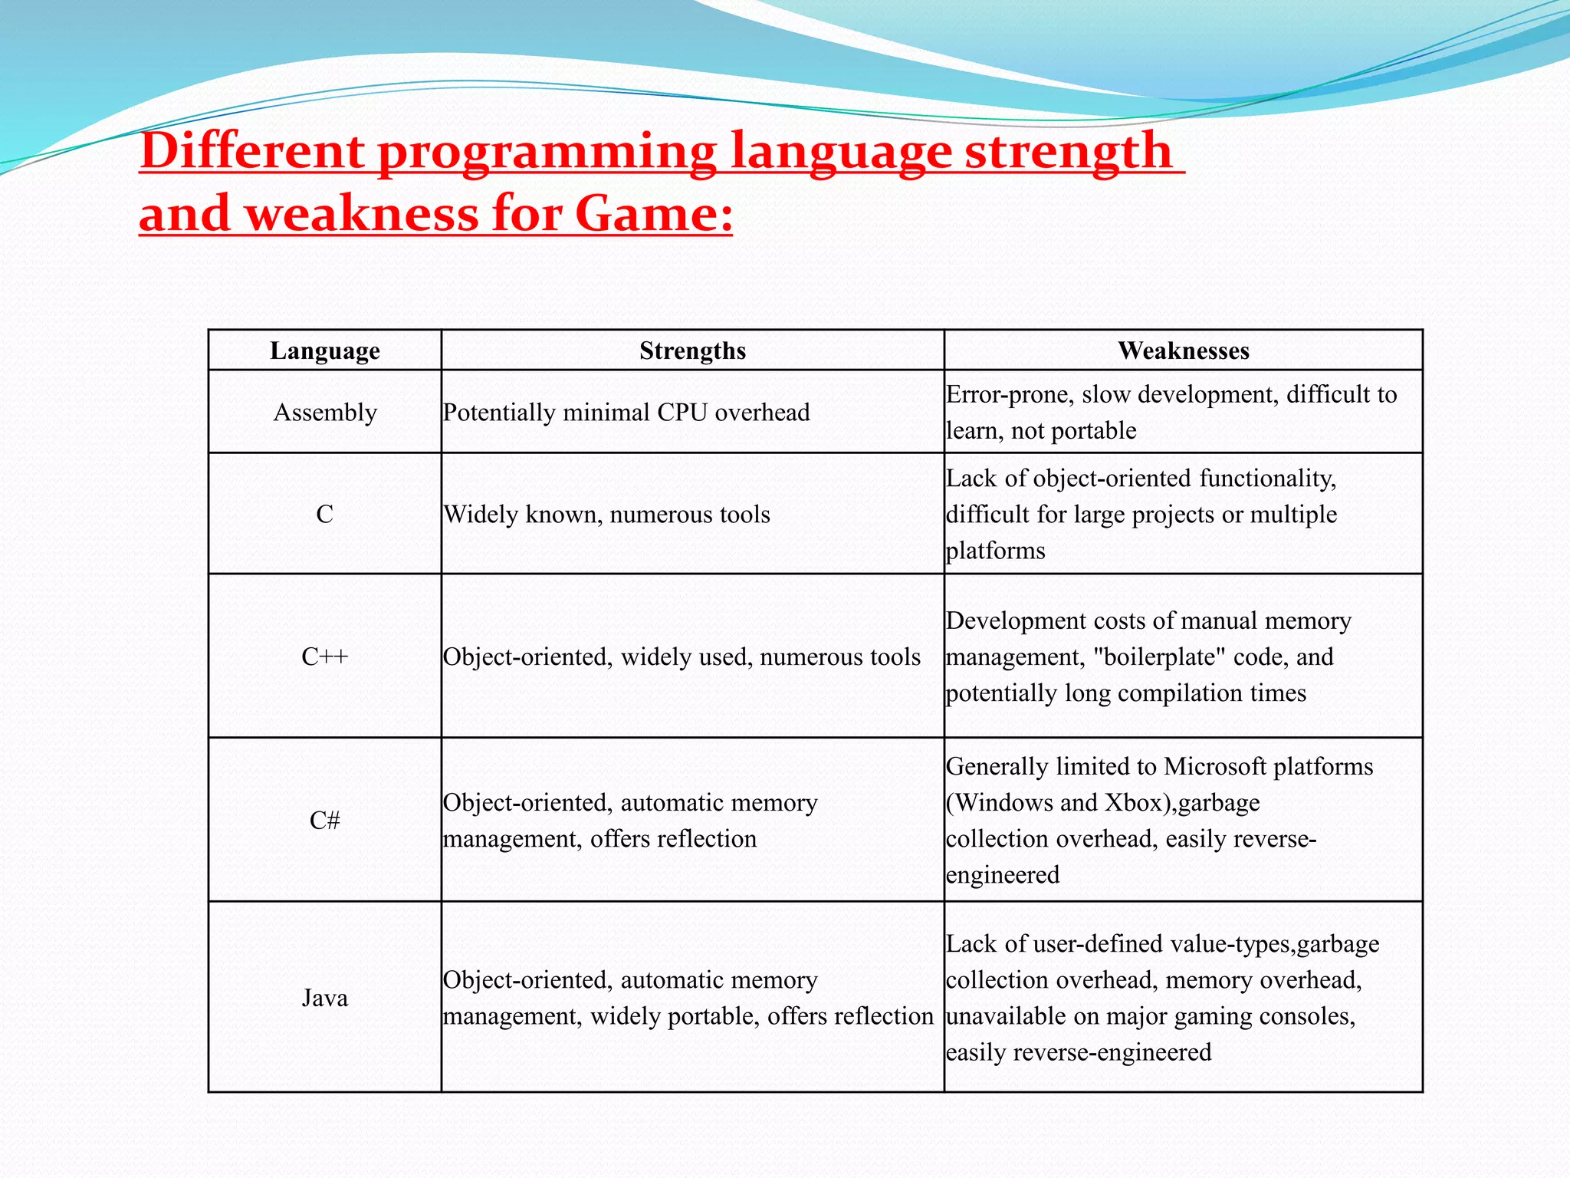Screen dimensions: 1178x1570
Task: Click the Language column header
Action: point(325,350)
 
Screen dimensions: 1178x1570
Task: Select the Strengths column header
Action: point(692,350)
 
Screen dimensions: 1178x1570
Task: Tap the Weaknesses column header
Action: point(1183,350)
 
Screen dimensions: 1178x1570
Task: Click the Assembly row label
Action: point(325,413)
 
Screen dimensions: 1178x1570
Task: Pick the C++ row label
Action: point(325,656)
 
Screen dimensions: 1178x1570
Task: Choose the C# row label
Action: point(325,821)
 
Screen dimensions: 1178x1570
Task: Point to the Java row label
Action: point(325,998)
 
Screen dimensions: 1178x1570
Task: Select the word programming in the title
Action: point(547,152)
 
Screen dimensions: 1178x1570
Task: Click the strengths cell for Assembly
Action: point(626,413)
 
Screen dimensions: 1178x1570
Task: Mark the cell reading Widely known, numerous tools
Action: point(606,514)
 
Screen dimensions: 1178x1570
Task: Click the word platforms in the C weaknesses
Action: point(995,551)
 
